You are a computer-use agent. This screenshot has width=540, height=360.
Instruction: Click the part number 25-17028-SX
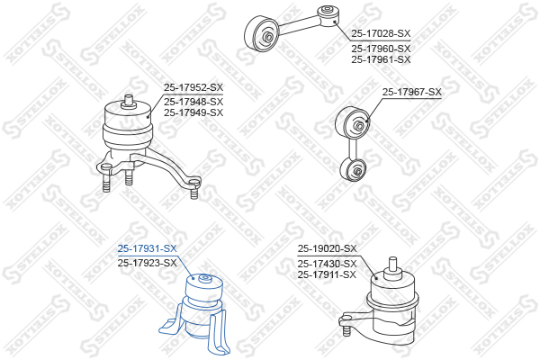coord(381,33)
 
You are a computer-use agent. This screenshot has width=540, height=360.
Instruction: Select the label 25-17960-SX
coord(381,49)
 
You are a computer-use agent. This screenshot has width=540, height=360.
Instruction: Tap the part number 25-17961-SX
coord(381,59)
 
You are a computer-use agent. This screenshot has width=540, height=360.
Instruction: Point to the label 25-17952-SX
coord(193,87)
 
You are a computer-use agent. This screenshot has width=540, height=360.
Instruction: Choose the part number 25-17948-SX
coord(193,102)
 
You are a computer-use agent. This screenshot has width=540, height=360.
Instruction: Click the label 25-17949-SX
coord(193,112)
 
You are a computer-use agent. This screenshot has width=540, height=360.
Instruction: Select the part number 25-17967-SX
coord(412,92)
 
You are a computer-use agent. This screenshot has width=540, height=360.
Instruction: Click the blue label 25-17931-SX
coord(147,248)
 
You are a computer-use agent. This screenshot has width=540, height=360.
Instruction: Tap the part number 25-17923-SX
coord(147,263)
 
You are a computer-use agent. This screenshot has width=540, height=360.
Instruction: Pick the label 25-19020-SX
coord(328,248)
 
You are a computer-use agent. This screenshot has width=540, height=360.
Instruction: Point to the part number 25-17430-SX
coord(328,264)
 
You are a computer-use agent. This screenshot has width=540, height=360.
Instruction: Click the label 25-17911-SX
coord(328,274)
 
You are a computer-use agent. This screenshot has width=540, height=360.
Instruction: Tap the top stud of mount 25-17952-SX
coord(129,102)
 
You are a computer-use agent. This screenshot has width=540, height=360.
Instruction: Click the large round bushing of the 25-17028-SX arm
coord(262,34)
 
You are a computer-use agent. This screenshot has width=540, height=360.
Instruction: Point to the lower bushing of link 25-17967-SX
coord(353,169)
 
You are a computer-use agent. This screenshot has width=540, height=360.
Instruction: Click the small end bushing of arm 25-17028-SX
coord(328,16)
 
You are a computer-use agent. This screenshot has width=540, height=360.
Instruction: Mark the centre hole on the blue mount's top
coord(205,277)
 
